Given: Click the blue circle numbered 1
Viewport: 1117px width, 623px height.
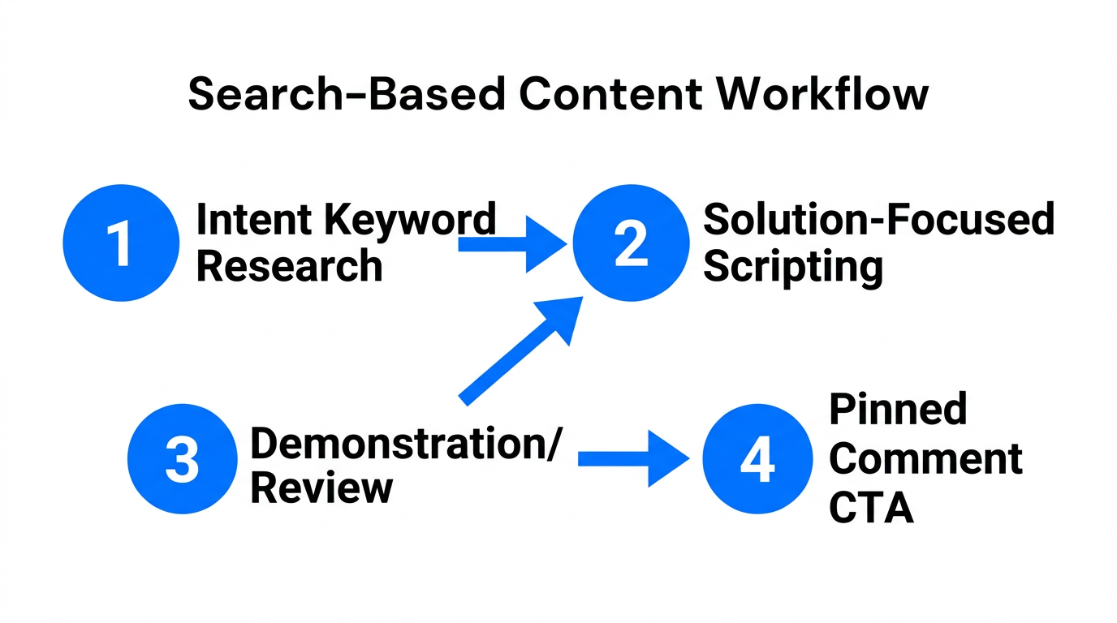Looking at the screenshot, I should (120, 243).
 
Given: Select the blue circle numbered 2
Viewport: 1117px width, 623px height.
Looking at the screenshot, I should (630, 243).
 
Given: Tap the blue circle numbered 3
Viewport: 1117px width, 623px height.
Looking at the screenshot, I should (182, 460).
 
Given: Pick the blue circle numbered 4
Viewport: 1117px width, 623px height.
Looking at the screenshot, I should (757, 460).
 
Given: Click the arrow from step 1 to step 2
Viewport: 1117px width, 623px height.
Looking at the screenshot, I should (511, 243).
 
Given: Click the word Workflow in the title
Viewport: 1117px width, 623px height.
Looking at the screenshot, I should (822, 94).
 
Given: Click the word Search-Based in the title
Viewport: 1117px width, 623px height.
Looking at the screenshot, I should (347, 94).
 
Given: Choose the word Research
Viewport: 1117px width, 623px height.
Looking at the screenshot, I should (289, 266).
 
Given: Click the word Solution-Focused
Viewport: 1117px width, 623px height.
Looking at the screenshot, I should (878, 220).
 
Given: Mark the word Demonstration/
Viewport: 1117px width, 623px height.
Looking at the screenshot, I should (404, 443).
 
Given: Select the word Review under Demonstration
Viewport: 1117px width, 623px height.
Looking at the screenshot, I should (321, 488).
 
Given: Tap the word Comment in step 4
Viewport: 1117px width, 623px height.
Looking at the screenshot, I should (925, 458).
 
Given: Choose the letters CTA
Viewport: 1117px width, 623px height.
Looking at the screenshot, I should (872, 508).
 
